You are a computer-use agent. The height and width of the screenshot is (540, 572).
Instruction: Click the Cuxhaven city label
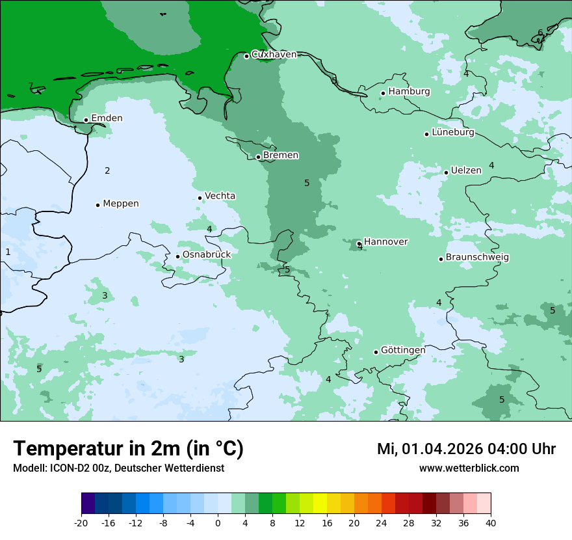point(274,55)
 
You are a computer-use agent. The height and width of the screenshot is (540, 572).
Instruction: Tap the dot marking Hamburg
point(383,93)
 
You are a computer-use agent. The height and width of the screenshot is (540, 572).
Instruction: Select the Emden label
point(107,118)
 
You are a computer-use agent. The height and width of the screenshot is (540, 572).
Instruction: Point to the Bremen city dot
point(258,157)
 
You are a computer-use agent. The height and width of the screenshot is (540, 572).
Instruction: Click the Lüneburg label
point(452,132)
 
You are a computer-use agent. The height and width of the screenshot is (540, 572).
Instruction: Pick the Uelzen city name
point(466,170)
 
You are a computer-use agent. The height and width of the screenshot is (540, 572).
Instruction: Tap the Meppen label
point(120,204)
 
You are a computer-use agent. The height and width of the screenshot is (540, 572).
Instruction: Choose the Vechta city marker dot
point(200,198)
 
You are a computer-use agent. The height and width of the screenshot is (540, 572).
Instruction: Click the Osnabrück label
point(206,254)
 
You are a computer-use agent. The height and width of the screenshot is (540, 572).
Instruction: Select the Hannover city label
point(385,241)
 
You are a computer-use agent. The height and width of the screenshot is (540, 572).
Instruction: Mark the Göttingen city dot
point(376,352)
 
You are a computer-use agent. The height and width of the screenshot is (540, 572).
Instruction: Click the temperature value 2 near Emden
point(107,171)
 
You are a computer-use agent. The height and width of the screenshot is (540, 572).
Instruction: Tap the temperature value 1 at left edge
point(8,252)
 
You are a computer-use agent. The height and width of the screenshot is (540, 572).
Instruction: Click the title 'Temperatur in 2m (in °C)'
point(128,449)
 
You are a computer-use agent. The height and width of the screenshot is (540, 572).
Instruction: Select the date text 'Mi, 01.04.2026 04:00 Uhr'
point(466,449)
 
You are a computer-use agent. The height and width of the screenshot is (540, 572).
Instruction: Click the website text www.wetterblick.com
point(469,468)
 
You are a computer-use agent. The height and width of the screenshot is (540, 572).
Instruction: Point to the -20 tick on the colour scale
point(81,522)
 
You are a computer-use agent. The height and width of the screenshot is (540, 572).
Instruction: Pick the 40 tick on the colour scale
point(490,522)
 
